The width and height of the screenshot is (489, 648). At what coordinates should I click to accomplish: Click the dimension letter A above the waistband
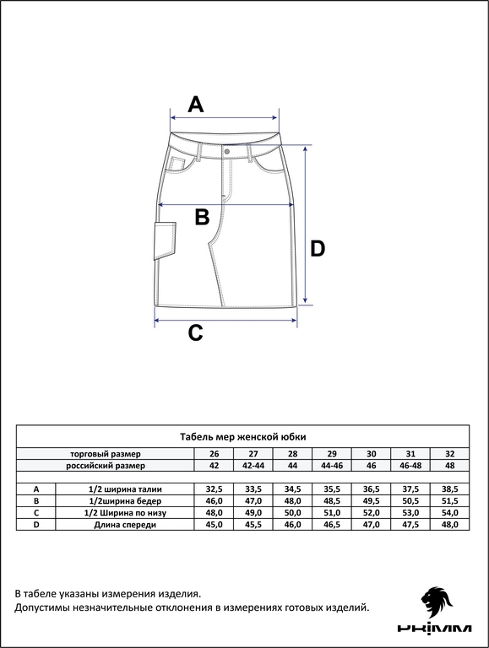pyautogui.click(x=196, y=104)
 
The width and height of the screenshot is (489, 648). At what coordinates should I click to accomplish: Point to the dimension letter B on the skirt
pyautogui.click(x=202, y=216)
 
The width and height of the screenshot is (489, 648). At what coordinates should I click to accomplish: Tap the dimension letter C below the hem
pyautogui.click(x=195, y=332)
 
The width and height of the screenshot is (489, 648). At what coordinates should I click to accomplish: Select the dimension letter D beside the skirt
pyautogui.click(x=318, y=249)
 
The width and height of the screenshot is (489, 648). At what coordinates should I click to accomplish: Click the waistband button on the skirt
pyautogui.click(x=227, y=152)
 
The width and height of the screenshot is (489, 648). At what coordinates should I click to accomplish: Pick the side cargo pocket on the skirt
pyautogui.click(x=165, y=240)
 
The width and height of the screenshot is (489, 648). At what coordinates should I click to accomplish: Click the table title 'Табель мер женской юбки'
pyautogui.click(x=243, y=437)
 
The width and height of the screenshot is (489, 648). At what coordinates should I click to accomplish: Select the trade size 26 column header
pyautogui.click(x=215, y=454)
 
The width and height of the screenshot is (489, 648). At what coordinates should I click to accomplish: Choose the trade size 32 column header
pyautogui.click(x=450, y=454)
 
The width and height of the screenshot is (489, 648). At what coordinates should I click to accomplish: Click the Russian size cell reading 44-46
pyautogui.click(x=332, y=466)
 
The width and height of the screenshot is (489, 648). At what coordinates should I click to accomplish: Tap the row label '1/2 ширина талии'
pyautogui.click(x=125, y=489)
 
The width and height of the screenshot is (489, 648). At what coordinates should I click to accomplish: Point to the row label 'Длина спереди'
pyautogui.click(x=125, y=525)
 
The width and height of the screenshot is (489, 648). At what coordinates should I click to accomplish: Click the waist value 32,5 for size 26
pyautogui.click(x=215, y=489)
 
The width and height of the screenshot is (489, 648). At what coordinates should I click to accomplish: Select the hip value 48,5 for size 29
pyautogui.click(x=332, y=501)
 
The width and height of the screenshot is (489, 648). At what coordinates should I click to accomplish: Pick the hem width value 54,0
pyautogui.click(x=450, y=513)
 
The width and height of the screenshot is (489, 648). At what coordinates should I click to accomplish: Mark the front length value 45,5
pyautogui.click(x=253, y=525)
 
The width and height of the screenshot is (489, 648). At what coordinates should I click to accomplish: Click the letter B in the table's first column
pyautogui.click(x=36, y=501)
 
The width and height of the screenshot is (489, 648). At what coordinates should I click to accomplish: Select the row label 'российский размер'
pyautogui.click(x=106, y=466)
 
